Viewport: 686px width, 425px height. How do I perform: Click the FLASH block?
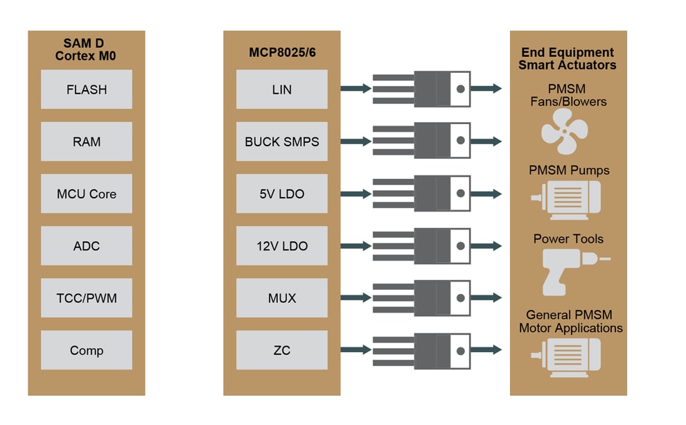(x=87, y=89)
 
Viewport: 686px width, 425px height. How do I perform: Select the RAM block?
(x=87, y=141)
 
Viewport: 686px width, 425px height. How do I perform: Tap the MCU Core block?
(x=87, y=194)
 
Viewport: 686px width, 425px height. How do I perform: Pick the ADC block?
(x=87, y=246)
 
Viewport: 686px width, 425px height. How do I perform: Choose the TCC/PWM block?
(x=87, y=298)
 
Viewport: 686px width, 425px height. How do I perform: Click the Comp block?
(x=87, y=350)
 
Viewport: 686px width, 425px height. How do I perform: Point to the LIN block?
(x=281, y=89)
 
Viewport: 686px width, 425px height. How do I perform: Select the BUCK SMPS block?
(x=281, y=141)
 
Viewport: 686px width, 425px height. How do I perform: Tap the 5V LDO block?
(x=281, y=194)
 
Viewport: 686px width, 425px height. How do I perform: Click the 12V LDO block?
(x=281, y=246)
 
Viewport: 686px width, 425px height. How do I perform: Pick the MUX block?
(x=281, y=298)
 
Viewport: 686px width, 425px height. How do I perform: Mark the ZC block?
(x=281, y=350)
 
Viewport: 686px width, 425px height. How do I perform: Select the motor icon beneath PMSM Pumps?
(x=566, y=200)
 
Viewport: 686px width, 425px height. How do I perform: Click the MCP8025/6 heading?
(x=281, y=53)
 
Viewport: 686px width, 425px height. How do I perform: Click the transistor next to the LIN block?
(x=423, y=89)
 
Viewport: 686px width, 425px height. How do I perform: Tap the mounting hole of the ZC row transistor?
(x=460, y=350)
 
